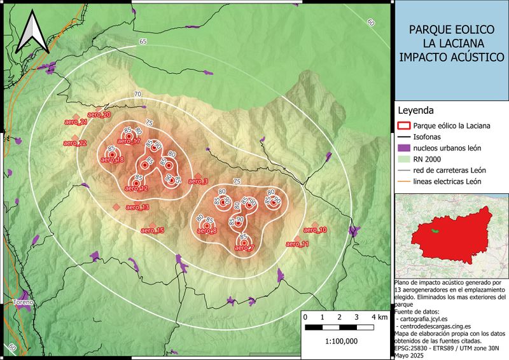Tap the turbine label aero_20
99,114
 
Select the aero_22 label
75,143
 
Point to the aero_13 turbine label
137,207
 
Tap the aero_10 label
315,230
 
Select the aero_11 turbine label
297,244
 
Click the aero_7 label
244,248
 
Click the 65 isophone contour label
143,41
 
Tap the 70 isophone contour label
137,95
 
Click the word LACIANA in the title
451,43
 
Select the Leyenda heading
415,109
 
